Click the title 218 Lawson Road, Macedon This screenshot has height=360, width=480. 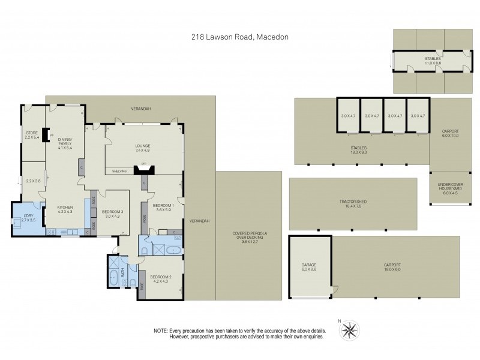point(240,37)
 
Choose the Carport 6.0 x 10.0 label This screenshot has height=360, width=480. point(450,133)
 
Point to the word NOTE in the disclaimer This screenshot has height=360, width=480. point(160,331)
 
